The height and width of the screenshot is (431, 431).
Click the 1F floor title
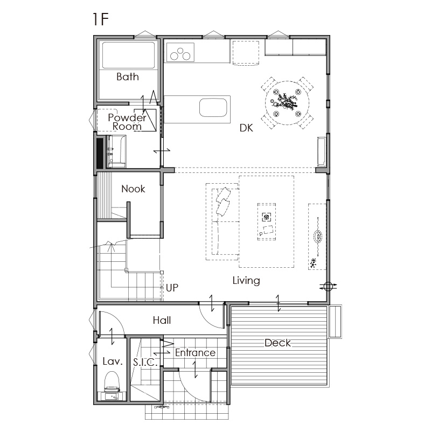(x=101, y=19)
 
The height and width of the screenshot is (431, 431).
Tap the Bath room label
(x=128, y=77)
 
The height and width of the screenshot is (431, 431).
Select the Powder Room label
(x=127, y=122)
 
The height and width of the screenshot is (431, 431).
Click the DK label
(x=246, y=128)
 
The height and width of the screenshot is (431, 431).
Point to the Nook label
(x=133, y=189)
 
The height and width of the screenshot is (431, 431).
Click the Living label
(x=246, y=281)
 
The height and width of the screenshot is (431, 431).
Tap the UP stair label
(x=172, y=288)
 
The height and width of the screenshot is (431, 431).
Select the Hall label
(x=162, y=320)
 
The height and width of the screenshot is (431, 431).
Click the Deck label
(x=277, y=343)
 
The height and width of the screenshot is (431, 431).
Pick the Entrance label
(x=195, y=353)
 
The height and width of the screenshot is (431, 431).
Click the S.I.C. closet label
(x=145, y=362)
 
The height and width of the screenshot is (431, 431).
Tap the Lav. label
(x=113, y=362)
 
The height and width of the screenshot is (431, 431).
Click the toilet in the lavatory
(x=112, y=381)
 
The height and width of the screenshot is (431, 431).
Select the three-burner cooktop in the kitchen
(x=180, y=52)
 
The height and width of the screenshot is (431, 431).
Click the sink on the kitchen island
(x=213, y=108)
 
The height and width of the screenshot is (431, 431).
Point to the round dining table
(x=287, y=103)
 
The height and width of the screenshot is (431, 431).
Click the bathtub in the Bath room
(x=128, y=55)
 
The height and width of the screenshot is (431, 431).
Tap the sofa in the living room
(x=222, y=222)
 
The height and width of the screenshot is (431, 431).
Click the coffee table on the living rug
(x=267, y=222)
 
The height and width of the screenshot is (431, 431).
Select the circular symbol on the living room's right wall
(x=328, y=287)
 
